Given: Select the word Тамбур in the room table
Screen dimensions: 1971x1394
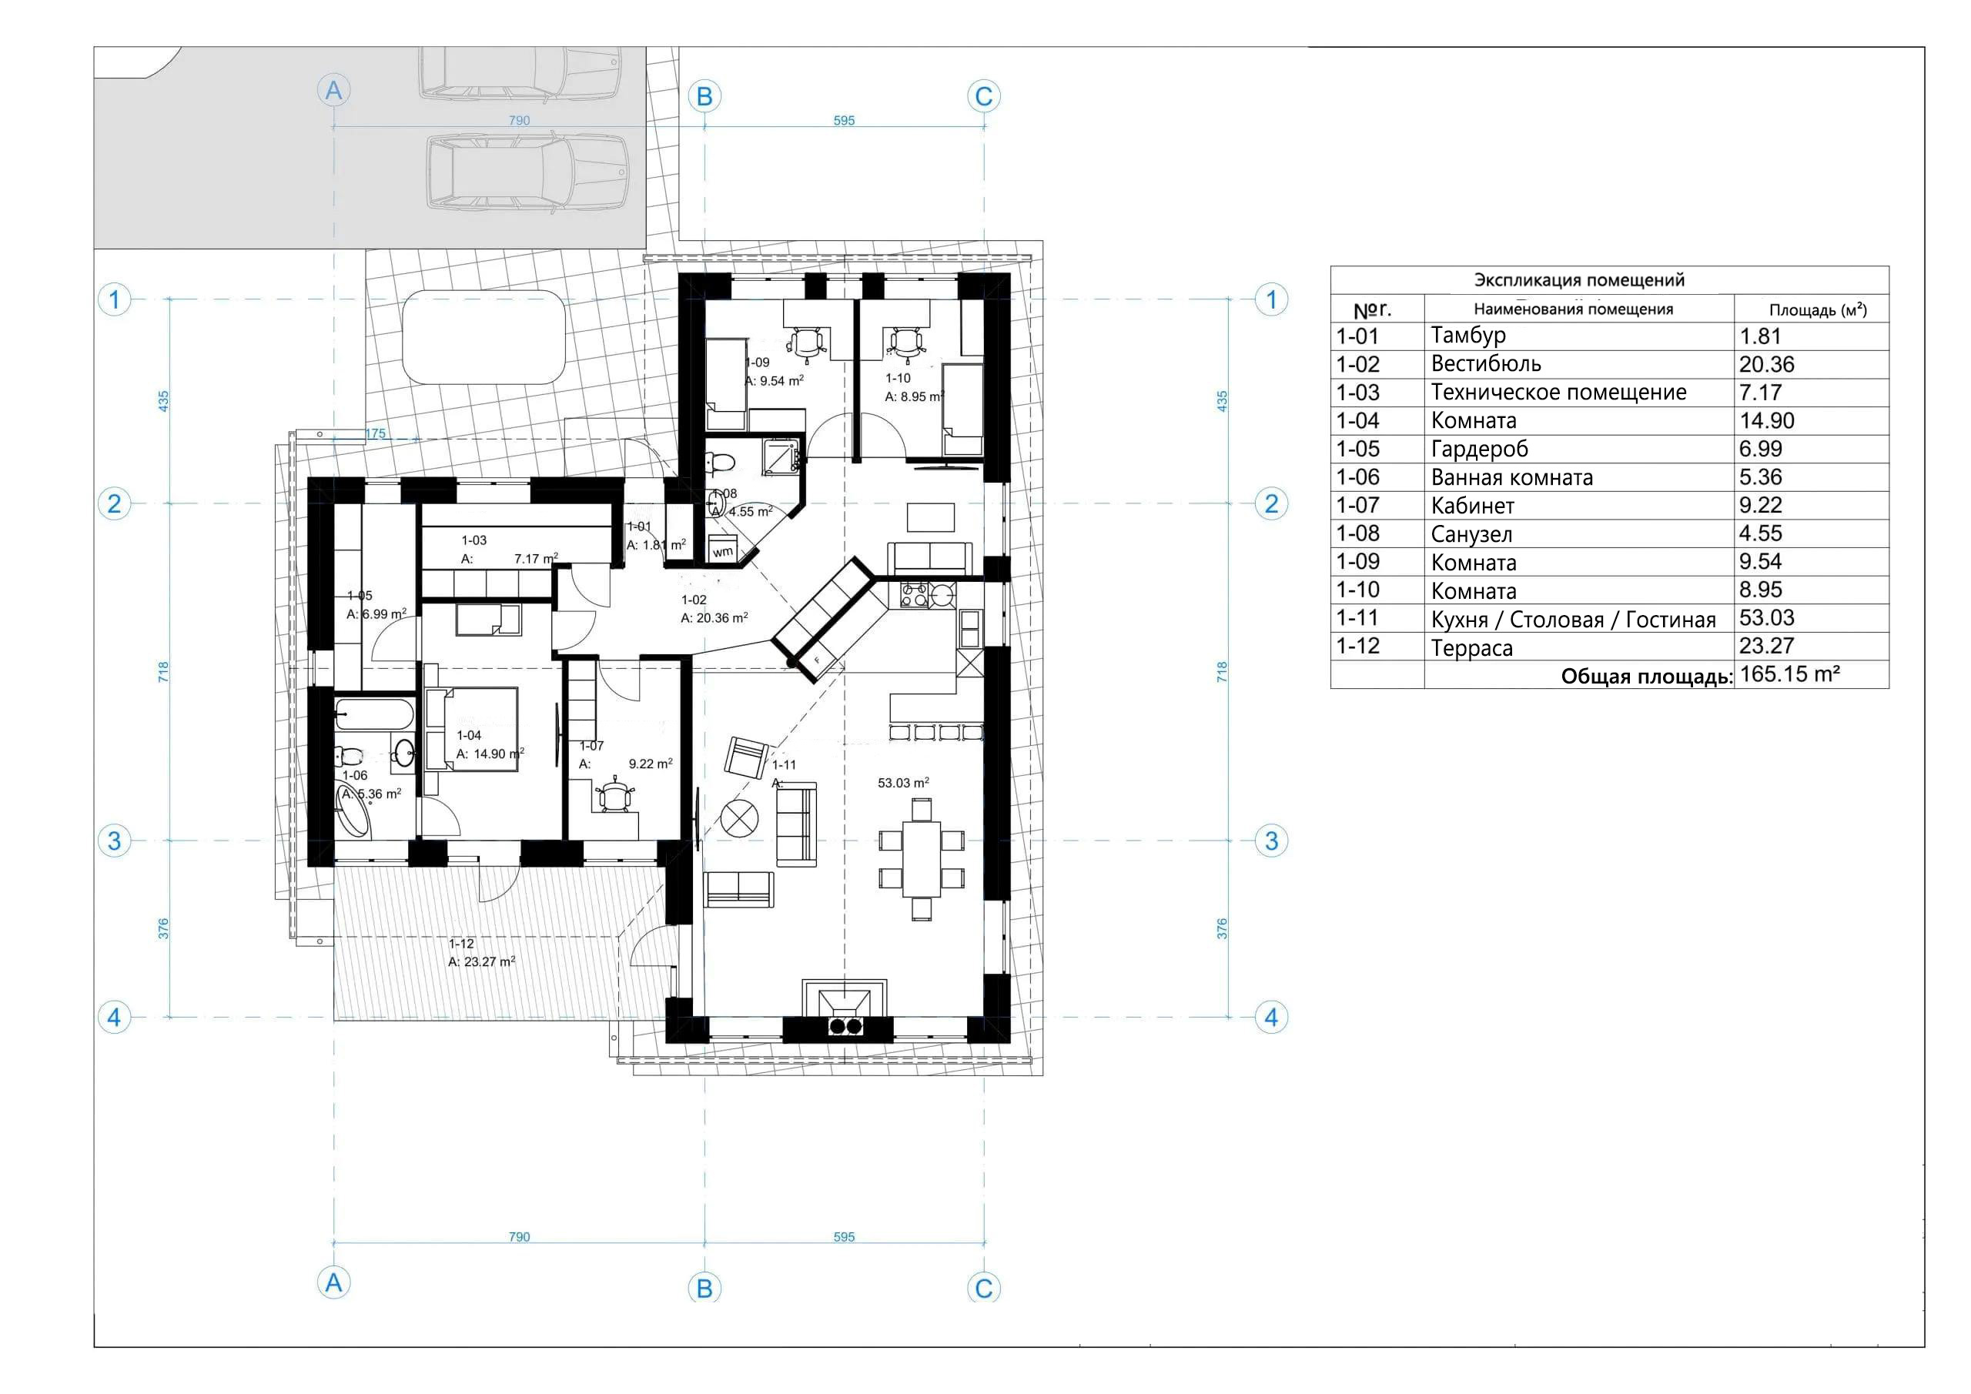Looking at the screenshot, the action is point(1468,336).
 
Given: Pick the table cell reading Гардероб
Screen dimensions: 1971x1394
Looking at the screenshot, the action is point(1479,449).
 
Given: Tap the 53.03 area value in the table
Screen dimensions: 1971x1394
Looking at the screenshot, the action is point(1767,618).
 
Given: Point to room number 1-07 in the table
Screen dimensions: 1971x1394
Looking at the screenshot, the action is point(1358,505).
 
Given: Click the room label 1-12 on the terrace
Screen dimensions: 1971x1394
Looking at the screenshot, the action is point(462,944).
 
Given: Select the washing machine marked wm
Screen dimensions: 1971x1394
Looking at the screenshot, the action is point(722,551).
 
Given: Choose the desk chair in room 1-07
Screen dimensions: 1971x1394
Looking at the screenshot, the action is point(614,795).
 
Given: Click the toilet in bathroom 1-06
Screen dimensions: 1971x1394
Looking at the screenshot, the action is point(350,756).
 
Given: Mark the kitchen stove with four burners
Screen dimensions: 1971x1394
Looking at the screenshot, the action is point(913,595).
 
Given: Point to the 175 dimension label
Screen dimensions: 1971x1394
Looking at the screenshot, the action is point(375,433).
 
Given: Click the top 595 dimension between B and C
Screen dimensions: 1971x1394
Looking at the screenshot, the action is point(844,120).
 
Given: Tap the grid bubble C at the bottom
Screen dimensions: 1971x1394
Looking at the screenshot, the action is point(984,1288).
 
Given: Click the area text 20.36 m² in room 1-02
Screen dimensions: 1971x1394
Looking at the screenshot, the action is point(714,618).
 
